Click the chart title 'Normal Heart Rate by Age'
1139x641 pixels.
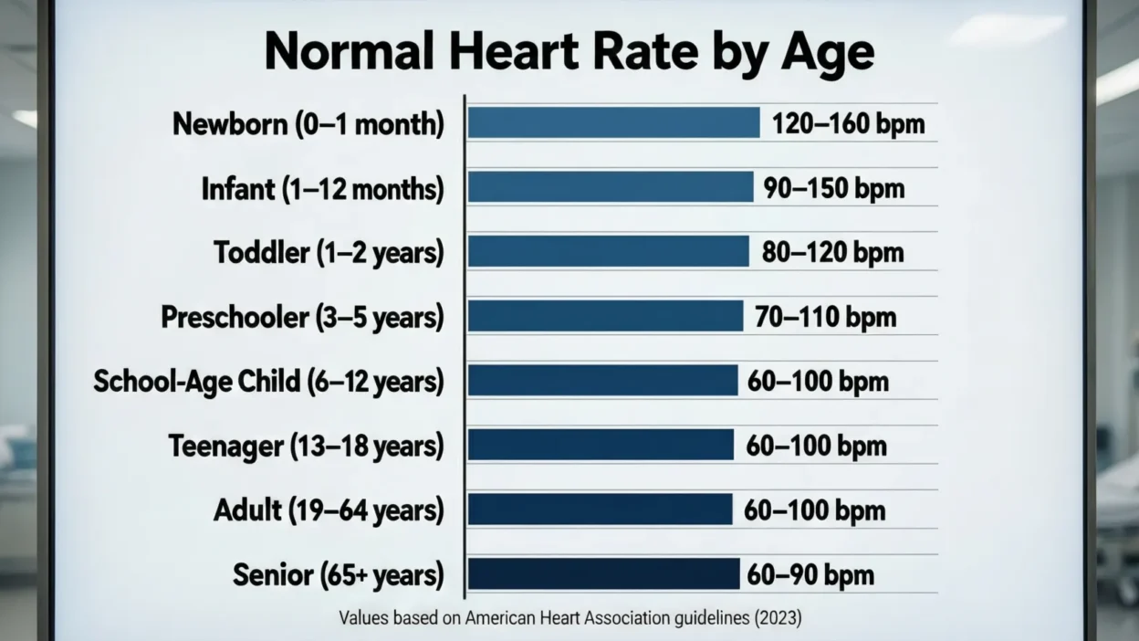(x=569, y=52)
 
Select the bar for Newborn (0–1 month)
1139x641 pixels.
(x=613, y=123)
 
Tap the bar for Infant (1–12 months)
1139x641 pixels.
(x=610, y=187)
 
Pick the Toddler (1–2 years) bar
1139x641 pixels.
(x=608, y=251)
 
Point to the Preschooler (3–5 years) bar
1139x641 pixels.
(x=605, y=316)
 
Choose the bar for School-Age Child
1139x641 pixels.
(x=602, y=381)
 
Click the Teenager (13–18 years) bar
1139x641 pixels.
(x=601, y=445)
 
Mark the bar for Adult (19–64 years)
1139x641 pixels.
(x=600, y=510)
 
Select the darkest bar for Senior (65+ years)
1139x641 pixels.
(x=603, y=574)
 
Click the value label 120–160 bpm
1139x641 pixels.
(x=848, y=124)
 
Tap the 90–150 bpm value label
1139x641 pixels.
(x=834, y=188)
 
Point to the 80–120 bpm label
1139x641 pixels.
(x=832, y=252)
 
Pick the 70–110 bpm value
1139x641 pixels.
(x=825, y=317)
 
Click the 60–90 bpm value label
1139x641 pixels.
(x=810, y=575)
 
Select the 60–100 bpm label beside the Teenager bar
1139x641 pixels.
(x=817, y=446)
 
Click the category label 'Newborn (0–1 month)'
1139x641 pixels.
(x=308, y=124)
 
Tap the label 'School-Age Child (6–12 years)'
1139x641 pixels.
(x=268, y=381)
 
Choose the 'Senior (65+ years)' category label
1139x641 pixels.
(x=338, y=575)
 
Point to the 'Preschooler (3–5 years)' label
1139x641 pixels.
(x=302, y=317)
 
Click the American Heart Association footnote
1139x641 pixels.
(x=569, y=618)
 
